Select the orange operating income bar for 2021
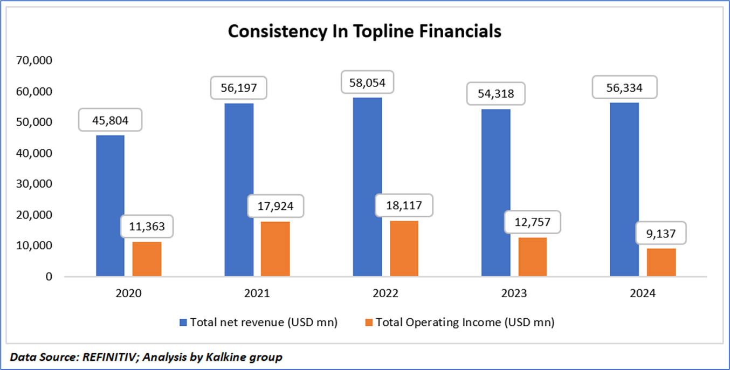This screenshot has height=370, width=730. coord(276,249)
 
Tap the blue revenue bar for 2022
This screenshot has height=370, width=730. coord(367,187)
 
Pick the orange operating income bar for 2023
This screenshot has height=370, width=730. coord(533,257)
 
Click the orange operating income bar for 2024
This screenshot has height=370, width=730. coord(661,262)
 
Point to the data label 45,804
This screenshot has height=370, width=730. coord(111,120)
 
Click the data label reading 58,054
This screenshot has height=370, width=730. coord(368,83)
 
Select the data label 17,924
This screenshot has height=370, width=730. coord(276,206)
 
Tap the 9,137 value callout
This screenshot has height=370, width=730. coord(661,233)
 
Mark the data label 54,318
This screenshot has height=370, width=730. coord(496,93)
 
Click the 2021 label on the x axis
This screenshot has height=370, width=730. coord(257,294)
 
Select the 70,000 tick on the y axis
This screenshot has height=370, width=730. coord(33,61)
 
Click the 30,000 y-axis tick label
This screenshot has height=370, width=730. coord(33,184)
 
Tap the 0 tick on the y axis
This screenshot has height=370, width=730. coord(49,277)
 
